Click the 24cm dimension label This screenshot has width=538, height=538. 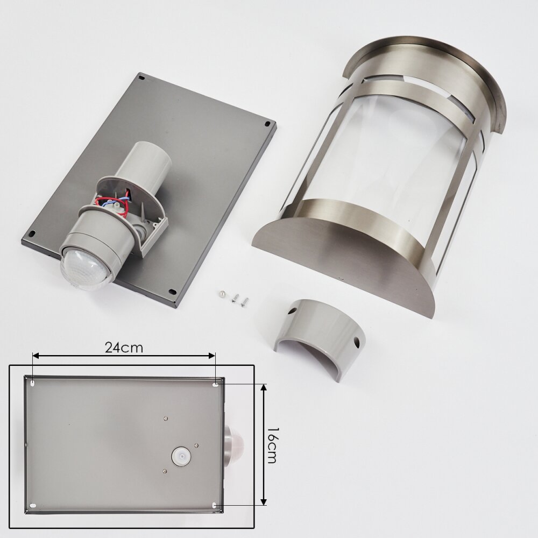[x=124, y=348]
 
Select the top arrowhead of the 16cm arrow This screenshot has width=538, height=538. [x=263, y=388]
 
